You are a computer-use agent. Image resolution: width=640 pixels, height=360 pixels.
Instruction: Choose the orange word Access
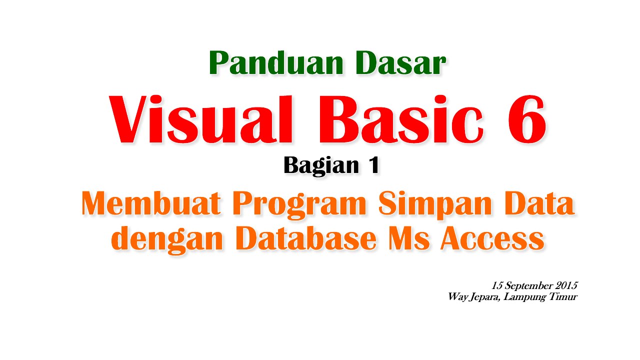(492, 238)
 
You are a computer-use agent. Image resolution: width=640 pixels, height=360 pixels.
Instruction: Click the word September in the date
(528, 286)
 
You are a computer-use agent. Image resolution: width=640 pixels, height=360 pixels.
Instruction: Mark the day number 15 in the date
(496, 286)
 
